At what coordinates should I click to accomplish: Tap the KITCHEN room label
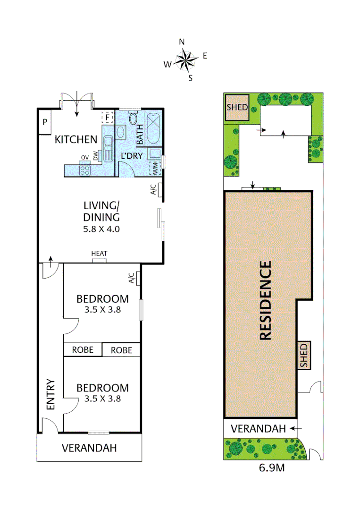coord(76,139)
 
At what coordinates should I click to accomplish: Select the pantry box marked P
coord(45,122)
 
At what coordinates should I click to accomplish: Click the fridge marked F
coord(108,117)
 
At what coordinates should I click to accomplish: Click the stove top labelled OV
coord(85,169)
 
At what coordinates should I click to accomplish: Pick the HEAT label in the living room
coord(99,254)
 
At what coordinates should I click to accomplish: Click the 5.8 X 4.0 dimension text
coord(101,229)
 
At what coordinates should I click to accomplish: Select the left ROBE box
coord(83,350)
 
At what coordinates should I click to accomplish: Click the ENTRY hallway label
coord(50,394)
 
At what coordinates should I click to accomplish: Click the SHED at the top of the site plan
coord(237,107)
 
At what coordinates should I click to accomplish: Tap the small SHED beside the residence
coord(304,356)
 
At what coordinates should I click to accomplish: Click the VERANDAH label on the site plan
coord(258,429)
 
